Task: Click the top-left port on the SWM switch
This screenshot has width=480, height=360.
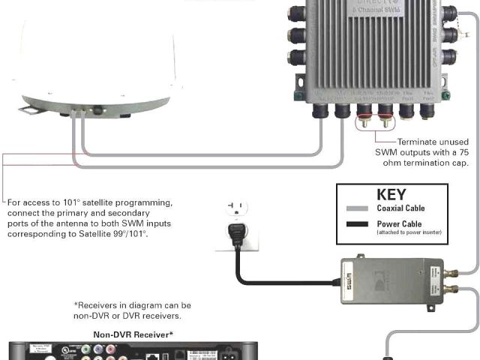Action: (297, 13)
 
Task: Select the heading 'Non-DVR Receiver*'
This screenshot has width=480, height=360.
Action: (133, 334)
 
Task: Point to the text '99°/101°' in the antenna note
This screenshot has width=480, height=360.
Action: (128, 234)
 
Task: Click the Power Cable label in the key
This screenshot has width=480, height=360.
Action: (399, 223)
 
